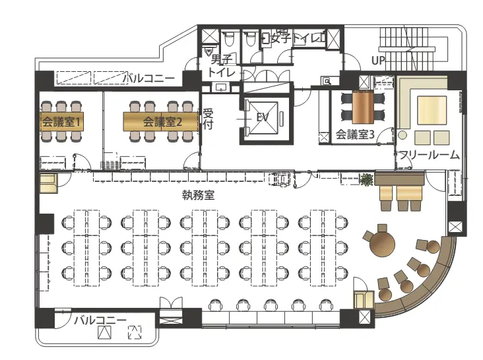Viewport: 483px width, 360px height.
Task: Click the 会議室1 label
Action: tap(61, 122)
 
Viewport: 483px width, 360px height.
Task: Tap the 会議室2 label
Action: tap(162, 122)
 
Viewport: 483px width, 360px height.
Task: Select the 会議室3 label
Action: tap(355, 135)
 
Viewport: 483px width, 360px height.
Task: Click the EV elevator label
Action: tap(263, 117)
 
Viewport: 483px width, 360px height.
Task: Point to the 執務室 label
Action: tap(198, 195)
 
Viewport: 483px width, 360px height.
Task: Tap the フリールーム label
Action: tap(429, 155)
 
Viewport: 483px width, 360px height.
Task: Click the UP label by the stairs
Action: tap(378, 61)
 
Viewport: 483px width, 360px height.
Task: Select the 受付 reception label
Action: tap(208, 119)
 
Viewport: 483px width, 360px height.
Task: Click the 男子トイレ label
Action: tap(222, 66)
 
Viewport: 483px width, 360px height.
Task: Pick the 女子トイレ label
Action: tap(296, 38)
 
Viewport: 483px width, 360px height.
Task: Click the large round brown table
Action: tap(382, 244)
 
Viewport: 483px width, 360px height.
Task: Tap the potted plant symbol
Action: tap(367, 180)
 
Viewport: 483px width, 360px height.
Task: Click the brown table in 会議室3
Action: tap(363, 107)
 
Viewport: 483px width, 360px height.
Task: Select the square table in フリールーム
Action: tap(432, 110)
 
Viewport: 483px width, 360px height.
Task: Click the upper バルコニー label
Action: tap(148, 78)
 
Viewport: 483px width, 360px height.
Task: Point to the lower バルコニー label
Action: tap(100, 320)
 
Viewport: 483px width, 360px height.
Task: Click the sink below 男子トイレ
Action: tap(221, 88)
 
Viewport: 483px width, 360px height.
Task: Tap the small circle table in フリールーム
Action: tap(402, 135)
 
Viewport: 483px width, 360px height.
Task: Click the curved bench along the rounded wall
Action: tap(426, 284)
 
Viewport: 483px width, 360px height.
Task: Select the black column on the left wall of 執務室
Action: tap(46, 224)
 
